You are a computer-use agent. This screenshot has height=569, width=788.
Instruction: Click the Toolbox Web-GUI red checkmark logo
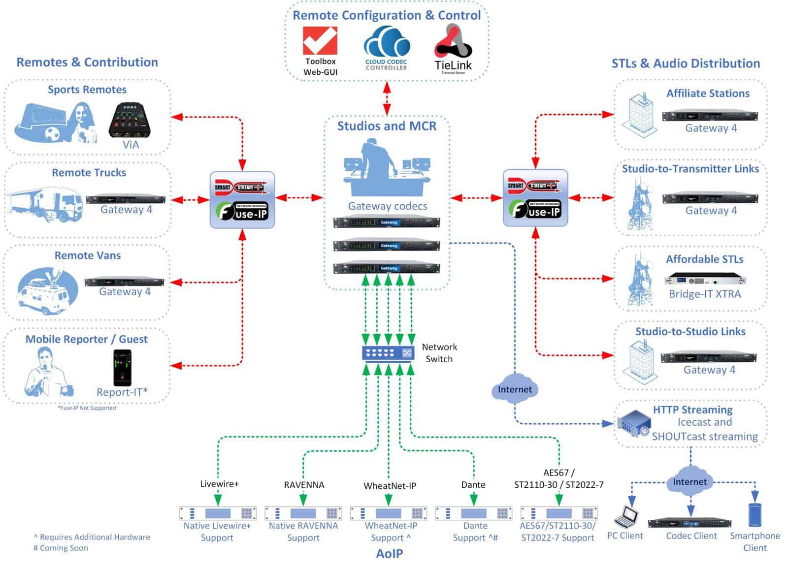point(320,41)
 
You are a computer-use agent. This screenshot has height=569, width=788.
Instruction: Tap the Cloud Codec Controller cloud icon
point(387,43)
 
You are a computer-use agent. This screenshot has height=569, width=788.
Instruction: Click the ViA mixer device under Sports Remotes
point(131,121)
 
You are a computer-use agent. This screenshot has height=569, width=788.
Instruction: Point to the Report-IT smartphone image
point(122,368)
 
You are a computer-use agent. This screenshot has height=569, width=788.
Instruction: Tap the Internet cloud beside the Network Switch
point(515,389)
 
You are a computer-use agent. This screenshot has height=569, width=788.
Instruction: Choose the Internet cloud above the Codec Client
point(689,482)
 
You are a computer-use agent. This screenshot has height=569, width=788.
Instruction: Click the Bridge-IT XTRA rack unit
point(705,280)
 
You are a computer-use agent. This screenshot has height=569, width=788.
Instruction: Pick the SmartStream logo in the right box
point(535,186)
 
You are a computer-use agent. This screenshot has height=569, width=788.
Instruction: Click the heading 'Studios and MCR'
point(387,126)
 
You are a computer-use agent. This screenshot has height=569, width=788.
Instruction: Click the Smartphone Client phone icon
point(754,515)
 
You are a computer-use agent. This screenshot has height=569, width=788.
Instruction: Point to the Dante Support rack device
point(474,513)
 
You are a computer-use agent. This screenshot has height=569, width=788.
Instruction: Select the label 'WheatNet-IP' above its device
point(390,486)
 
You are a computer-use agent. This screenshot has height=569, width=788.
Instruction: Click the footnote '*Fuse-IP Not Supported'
point(87,408)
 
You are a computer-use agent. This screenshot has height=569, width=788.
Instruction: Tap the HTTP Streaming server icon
point(634,424)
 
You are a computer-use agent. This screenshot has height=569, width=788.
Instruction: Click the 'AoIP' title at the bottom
point(389,554)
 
